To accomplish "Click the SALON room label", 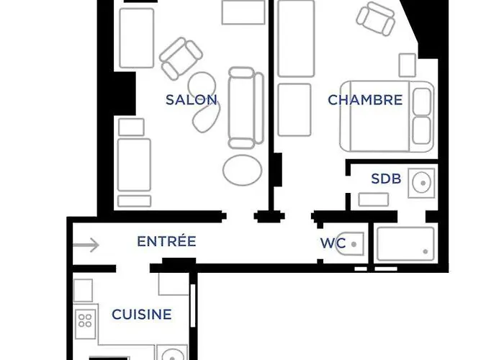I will coord(192,100).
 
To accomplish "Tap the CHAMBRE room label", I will coord(365,100).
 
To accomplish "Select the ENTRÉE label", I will coord(166,241).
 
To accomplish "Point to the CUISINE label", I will coord(142,315).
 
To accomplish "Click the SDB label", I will coord(386,179).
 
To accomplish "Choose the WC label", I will coord(333,243).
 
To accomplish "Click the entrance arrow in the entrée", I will coord(86,246).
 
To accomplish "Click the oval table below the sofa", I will coord(243,170).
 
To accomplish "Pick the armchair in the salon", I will coord(181,58).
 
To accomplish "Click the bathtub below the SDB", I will coord(405,243).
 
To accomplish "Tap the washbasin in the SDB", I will coord(420,183).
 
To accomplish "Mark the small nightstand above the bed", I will coord(408,65).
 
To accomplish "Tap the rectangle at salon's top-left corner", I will coord(137,38).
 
